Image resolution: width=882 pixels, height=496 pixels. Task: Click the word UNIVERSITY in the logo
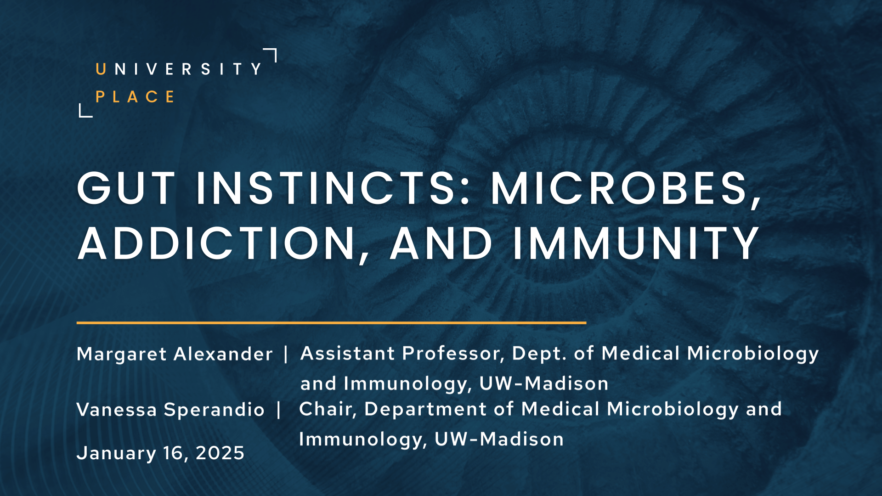[179, 69]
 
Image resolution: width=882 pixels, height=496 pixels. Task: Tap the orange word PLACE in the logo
[135, 97]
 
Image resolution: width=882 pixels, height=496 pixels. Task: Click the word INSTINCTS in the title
[333, 188]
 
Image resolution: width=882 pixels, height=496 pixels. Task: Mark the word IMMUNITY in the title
[636, 243]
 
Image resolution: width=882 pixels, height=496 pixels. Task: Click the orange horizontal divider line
[331, 323]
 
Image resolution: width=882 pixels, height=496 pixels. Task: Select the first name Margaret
[122, 355]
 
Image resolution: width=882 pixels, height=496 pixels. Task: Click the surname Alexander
[223, 354]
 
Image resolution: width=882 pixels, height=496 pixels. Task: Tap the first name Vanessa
[117, 410]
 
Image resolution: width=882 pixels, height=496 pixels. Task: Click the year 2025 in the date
[220, 453]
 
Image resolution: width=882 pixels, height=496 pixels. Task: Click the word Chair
[328, 409]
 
